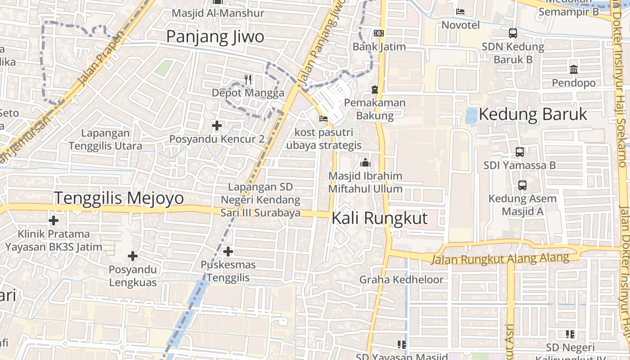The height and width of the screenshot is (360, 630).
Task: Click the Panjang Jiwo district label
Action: point(215,37)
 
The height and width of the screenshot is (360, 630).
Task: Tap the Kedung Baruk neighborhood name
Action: point(533,114)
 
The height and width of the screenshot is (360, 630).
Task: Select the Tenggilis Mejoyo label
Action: point(119,198)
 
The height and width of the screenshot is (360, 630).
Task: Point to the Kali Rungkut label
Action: point(379,218)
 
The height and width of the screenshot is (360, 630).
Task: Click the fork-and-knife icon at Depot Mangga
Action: point(248,80)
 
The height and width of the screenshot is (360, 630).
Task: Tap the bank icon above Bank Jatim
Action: point(379,33)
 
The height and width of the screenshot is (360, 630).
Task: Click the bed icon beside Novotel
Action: point(460,12)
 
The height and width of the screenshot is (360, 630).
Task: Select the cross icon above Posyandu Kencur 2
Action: point(217,126)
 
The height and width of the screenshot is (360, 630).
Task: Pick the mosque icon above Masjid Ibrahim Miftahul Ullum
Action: point(365,162)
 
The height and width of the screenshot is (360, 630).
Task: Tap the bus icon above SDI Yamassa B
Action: point(520,152)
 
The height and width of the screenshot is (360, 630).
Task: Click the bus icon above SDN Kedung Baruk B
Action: point(513,33)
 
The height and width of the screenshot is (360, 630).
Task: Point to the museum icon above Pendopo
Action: point(574,69)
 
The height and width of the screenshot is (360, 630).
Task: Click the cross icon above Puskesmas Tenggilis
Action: point(228,251)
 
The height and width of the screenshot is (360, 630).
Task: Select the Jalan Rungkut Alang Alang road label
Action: point(499,259)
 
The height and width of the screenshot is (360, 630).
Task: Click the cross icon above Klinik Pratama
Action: point(54,220)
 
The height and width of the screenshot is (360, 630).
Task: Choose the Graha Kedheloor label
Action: point(401,279)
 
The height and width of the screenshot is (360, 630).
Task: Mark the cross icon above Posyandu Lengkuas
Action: point(133,256)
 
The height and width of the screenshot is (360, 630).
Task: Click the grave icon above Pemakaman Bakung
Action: point(375,90)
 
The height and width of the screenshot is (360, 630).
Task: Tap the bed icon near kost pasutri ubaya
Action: point(323,119)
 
